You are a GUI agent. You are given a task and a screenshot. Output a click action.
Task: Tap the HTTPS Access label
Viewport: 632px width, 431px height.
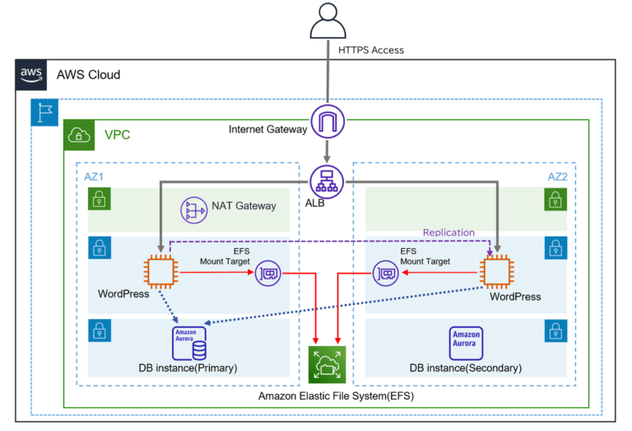click(371, 50)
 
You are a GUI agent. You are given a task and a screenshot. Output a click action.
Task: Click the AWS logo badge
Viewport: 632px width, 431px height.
click(32, 74)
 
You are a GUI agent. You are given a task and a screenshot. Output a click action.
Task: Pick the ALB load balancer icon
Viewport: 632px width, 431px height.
click(327, 181)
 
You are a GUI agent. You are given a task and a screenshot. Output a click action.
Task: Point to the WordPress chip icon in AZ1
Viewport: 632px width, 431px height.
click(160, 270)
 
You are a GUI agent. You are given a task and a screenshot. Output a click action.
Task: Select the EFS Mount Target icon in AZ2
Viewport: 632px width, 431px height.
click(387, 271)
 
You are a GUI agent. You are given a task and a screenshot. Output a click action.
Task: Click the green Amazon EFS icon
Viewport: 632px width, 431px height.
click(328, 364)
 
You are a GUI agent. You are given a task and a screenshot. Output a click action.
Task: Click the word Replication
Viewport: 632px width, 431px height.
click(448, 232)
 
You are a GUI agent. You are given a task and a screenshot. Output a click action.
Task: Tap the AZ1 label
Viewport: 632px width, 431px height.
click(94, 176)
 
